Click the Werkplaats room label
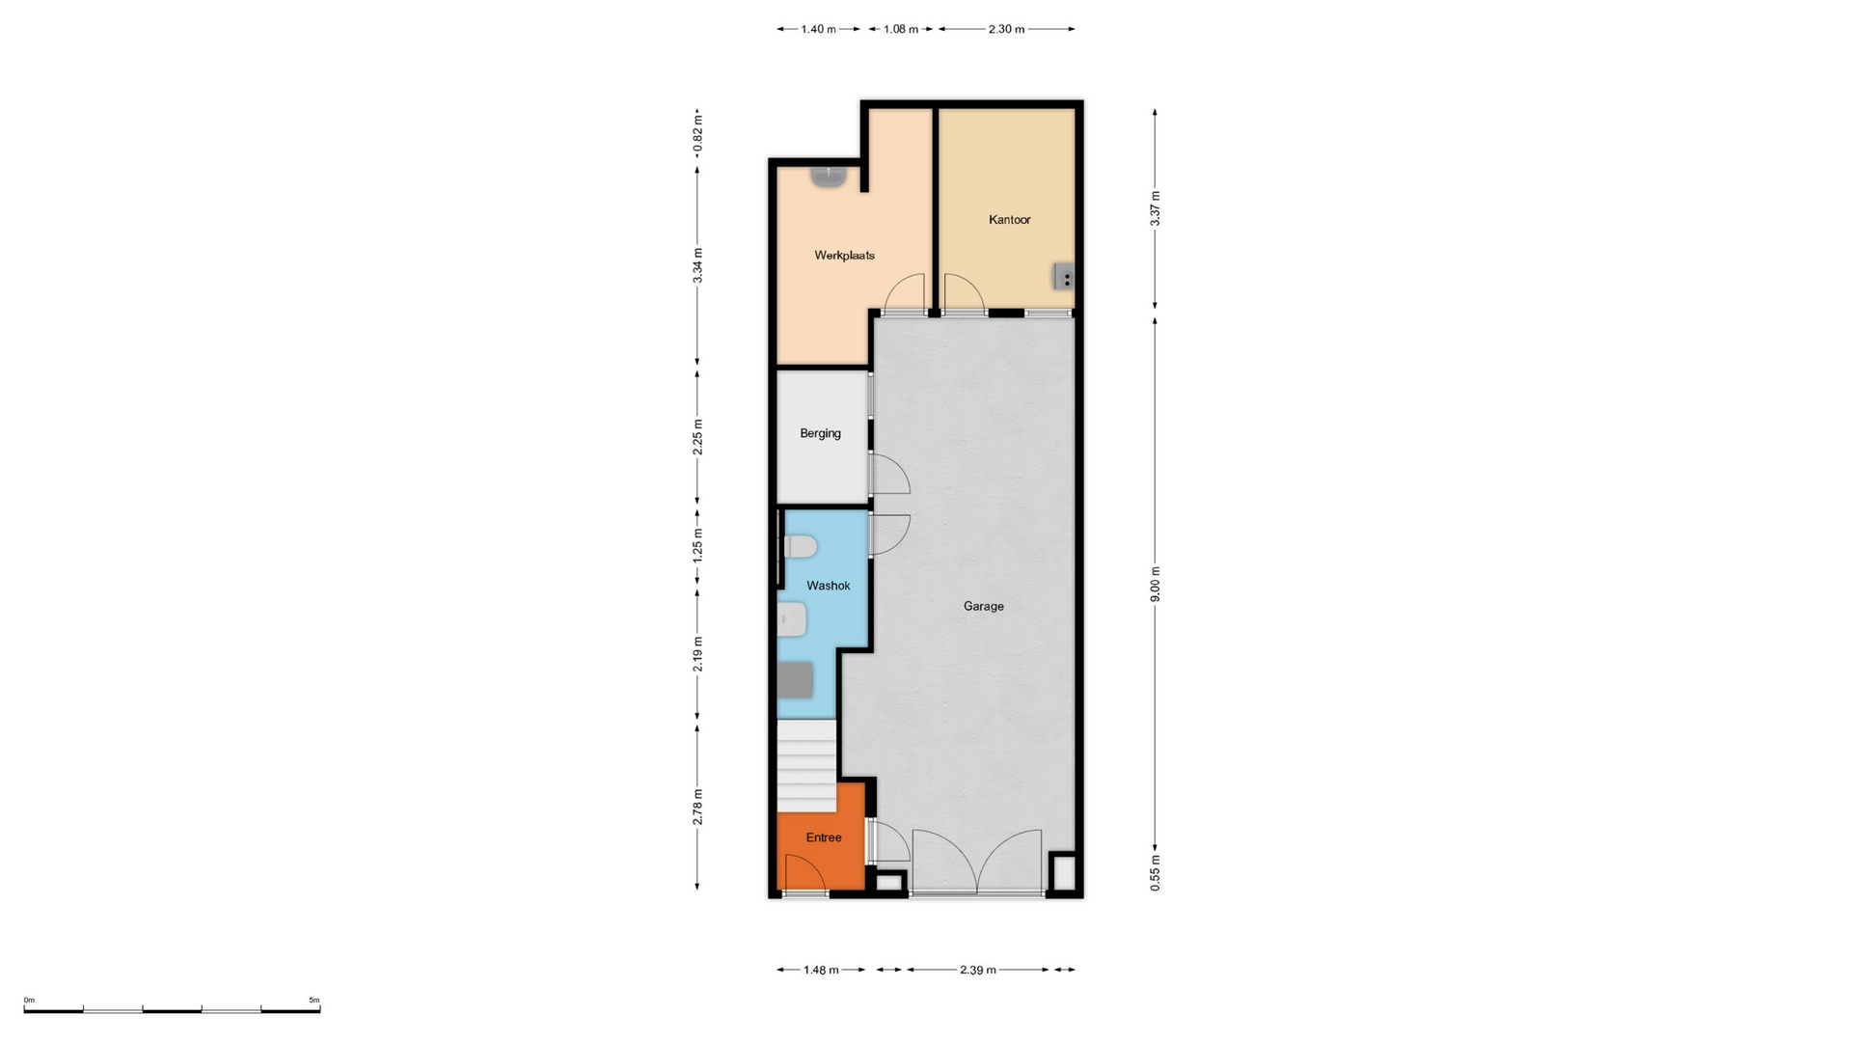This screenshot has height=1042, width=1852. pyautogui.click(x=844, y=256)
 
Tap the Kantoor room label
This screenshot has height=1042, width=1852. pyautogui.click(x=1009, y=220)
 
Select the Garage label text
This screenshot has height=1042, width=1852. pyautogui.click(x=983, y=607)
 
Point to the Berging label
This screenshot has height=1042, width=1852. pyautogui.click(x=820, y=434)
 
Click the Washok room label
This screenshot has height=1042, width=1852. pyautogui.click(x=828, y=586)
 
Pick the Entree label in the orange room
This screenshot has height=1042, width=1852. pyautogui.click(x=823, y=837)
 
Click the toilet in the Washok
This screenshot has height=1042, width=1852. pyautogui.click(x=800, y=547)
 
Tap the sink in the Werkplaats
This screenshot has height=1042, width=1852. pyautogui.click(x=828, y=177)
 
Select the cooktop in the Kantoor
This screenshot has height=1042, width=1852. pyautogui.click(x=1063, y=276)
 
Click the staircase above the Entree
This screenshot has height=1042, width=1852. pyautogui.click(x=807, y=766)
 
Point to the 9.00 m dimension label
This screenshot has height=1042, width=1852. pyautogui.click(x=1155, y=585)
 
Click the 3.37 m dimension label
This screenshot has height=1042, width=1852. pyautogui.click(x=1155, y=208)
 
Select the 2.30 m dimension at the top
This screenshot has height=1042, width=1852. pyautogui.click(x=1006, y=29)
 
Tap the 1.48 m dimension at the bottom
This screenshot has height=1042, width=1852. pyautogui.click(x=821, y=970)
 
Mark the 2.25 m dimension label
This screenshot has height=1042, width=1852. pyautogui.click(x=697, y=437)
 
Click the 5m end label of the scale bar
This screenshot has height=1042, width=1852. pyautogui.click(x=314, y=1001)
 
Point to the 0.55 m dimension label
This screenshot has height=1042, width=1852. pyautogui.click(x=1155, y=872)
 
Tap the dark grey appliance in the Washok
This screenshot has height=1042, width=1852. pyautogui.click(x=796, y=680)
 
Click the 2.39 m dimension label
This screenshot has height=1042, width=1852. pyautogui.click(x=977, y=970)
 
